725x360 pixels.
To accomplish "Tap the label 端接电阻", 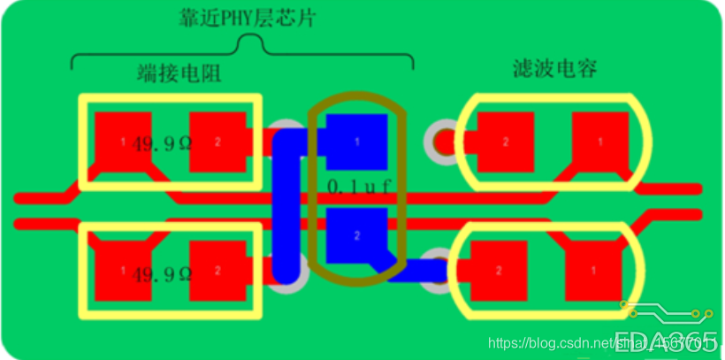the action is (179, 73).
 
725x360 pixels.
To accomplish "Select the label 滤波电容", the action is (555, 69).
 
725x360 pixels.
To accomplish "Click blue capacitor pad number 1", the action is (357, 142).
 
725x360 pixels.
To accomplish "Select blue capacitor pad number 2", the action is (357, 236).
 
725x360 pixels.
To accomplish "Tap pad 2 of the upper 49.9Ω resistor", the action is (217, 142).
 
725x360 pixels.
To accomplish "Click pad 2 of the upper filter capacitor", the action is (505, 142).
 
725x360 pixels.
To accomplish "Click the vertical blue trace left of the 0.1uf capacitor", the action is (285, 208).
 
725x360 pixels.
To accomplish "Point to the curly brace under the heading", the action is (241, 51).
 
